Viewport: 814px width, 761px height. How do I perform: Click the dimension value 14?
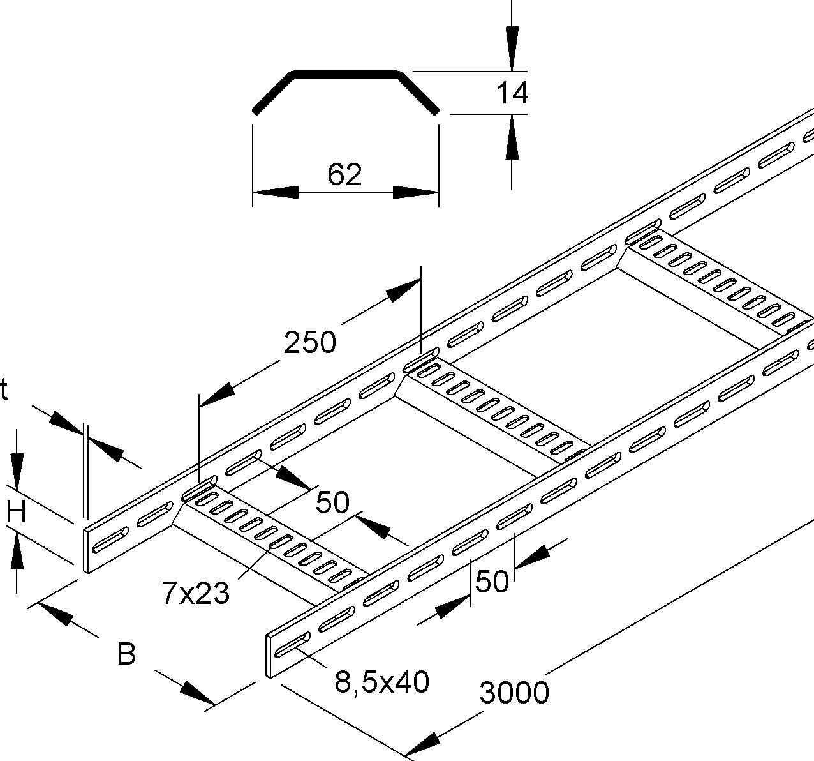pos(512,93)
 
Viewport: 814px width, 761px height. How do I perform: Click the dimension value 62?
pos(344,174)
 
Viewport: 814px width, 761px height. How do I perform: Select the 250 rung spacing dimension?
pos(309,343)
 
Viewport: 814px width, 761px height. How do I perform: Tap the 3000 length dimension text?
pos(514,693)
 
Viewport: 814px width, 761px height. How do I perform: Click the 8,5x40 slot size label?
pos(381,682)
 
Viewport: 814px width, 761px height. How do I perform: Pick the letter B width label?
pos(127,654)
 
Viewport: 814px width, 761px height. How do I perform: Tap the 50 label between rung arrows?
pos(333,503)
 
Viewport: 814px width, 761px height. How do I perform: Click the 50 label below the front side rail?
pos(492,582)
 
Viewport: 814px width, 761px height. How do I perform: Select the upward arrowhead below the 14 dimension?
pos(511,137)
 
